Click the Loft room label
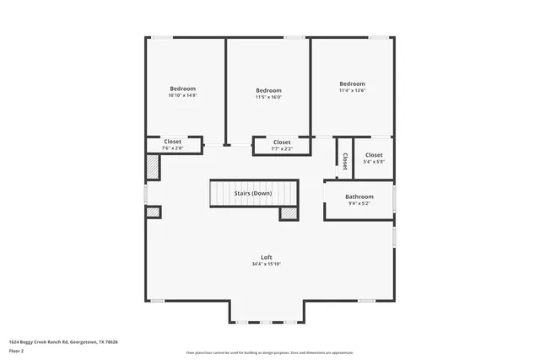[266, 257]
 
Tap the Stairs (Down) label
[253, 193]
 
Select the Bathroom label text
[359, 196]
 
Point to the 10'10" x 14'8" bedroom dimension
[182, 95]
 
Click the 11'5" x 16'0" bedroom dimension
[268, 97]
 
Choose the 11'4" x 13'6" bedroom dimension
[352, 91]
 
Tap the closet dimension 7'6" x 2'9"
[172, 148]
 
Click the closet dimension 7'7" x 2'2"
[282, 149]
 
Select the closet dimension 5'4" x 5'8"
[374, 162]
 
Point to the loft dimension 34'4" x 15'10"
[266, 264]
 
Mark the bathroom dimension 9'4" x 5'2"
[359, 203]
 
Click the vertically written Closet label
[344, 160]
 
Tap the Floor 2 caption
[17, 351]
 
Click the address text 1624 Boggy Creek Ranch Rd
[63, 342]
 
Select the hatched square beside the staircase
[289, 214]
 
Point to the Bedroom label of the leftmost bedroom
[182, 89]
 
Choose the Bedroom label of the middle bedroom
[268, 90]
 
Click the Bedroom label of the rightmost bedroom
[352, 83]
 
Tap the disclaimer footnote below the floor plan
[269, 353]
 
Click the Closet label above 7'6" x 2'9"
[172, 142]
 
